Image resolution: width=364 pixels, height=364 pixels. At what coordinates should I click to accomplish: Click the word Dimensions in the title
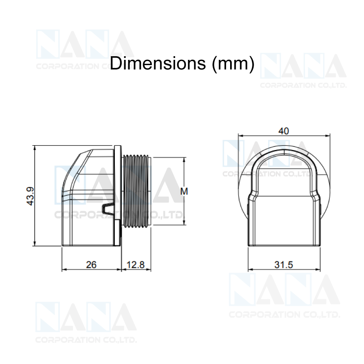(x=158, y=63)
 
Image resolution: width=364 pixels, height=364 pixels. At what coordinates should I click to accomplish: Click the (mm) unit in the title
(x=233, y=64)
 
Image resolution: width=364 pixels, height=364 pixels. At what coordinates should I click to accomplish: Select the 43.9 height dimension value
(x=30, y=196)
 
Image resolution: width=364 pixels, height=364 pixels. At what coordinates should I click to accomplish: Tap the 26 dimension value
(x=91, y=265)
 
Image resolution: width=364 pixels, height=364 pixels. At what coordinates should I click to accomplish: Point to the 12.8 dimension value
(x=136, y=265)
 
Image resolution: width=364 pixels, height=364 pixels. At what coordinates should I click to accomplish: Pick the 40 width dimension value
(x=284, y=131)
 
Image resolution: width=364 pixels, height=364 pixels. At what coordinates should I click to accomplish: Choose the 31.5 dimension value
(x=284, y=265)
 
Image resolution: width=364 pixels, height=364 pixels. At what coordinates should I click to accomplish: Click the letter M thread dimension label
(x=184, y=192)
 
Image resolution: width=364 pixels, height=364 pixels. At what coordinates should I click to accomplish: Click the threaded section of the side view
(x=136, y=192)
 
